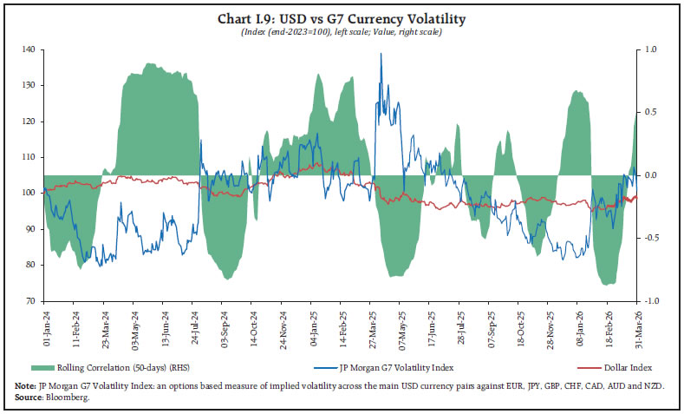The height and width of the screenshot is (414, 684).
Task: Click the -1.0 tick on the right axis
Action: [652, 300]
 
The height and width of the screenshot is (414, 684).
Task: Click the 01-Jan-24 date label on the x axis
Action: [45, 323]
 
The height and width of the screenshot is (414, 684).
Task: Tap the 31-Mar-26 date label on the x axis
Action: [638, 323]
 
